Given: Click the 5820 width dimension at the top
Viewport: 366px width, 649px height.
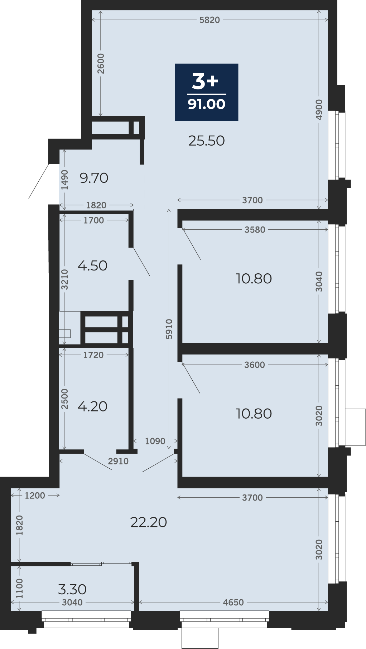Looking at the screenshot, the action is (x=210, y=20).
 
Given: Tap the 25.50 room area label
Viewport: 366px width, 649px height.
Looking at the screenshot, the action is (x=207, y=141).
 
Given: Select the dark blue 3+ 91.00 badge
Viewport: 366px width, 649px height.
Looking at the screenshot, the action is (x=207, y=92).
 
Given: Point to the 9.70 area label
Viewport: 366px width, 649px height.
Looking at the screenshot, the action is (x=94, y=178).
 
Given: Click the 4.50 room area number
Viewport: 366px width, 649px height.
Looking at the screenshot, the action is (x=92, y=265).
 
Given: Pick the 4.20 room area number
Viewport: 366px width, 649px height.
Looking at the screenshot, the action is (x=92, y=406).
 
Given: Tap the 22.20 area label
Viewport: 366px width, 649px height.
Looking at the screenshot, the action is (x=149, y=522).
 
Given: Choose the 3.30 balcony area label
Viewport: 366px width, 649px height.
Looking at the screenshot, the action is (x=72, y=589).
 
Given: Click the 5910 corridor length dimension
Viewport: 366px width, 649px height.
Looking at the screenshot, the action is (x=169, y=329).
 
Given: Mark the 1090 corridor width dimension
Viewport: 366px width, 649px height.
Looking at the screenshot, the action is (x=155, y=441).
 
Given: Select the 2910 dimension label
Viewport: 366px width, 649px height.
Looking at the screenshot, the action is (x=118, y=461).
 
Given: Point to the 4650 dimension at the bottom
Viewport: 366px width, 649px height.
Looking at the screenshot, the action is (x=233, y=602).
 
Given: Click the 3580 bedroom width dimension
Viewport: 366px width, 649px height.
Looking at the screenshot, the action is (x=255, y=230).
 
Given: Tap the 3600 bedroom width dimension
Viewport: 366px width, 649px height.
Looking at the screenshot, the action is (x=255, y=365).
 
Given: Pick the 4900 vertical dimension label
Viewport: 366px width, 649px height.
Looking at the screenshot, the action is (x=319, y=110).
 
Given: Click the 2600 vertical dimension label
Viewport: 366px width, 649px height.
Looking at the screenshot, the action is (x=101, y=63).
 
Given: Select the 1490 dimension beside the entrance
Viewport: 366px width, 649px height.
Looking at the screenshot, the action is (x=64, y=180).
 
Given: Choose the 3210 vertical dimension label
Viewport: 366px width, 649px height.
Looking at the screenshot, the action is (x=64, y=279).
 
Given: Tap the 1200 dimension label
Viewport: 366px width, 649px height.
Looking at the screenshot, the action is (x=35, y=496).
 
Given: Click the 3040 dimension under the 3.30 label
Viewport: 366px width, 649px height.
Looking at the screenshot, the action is (x=72, y=602).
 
